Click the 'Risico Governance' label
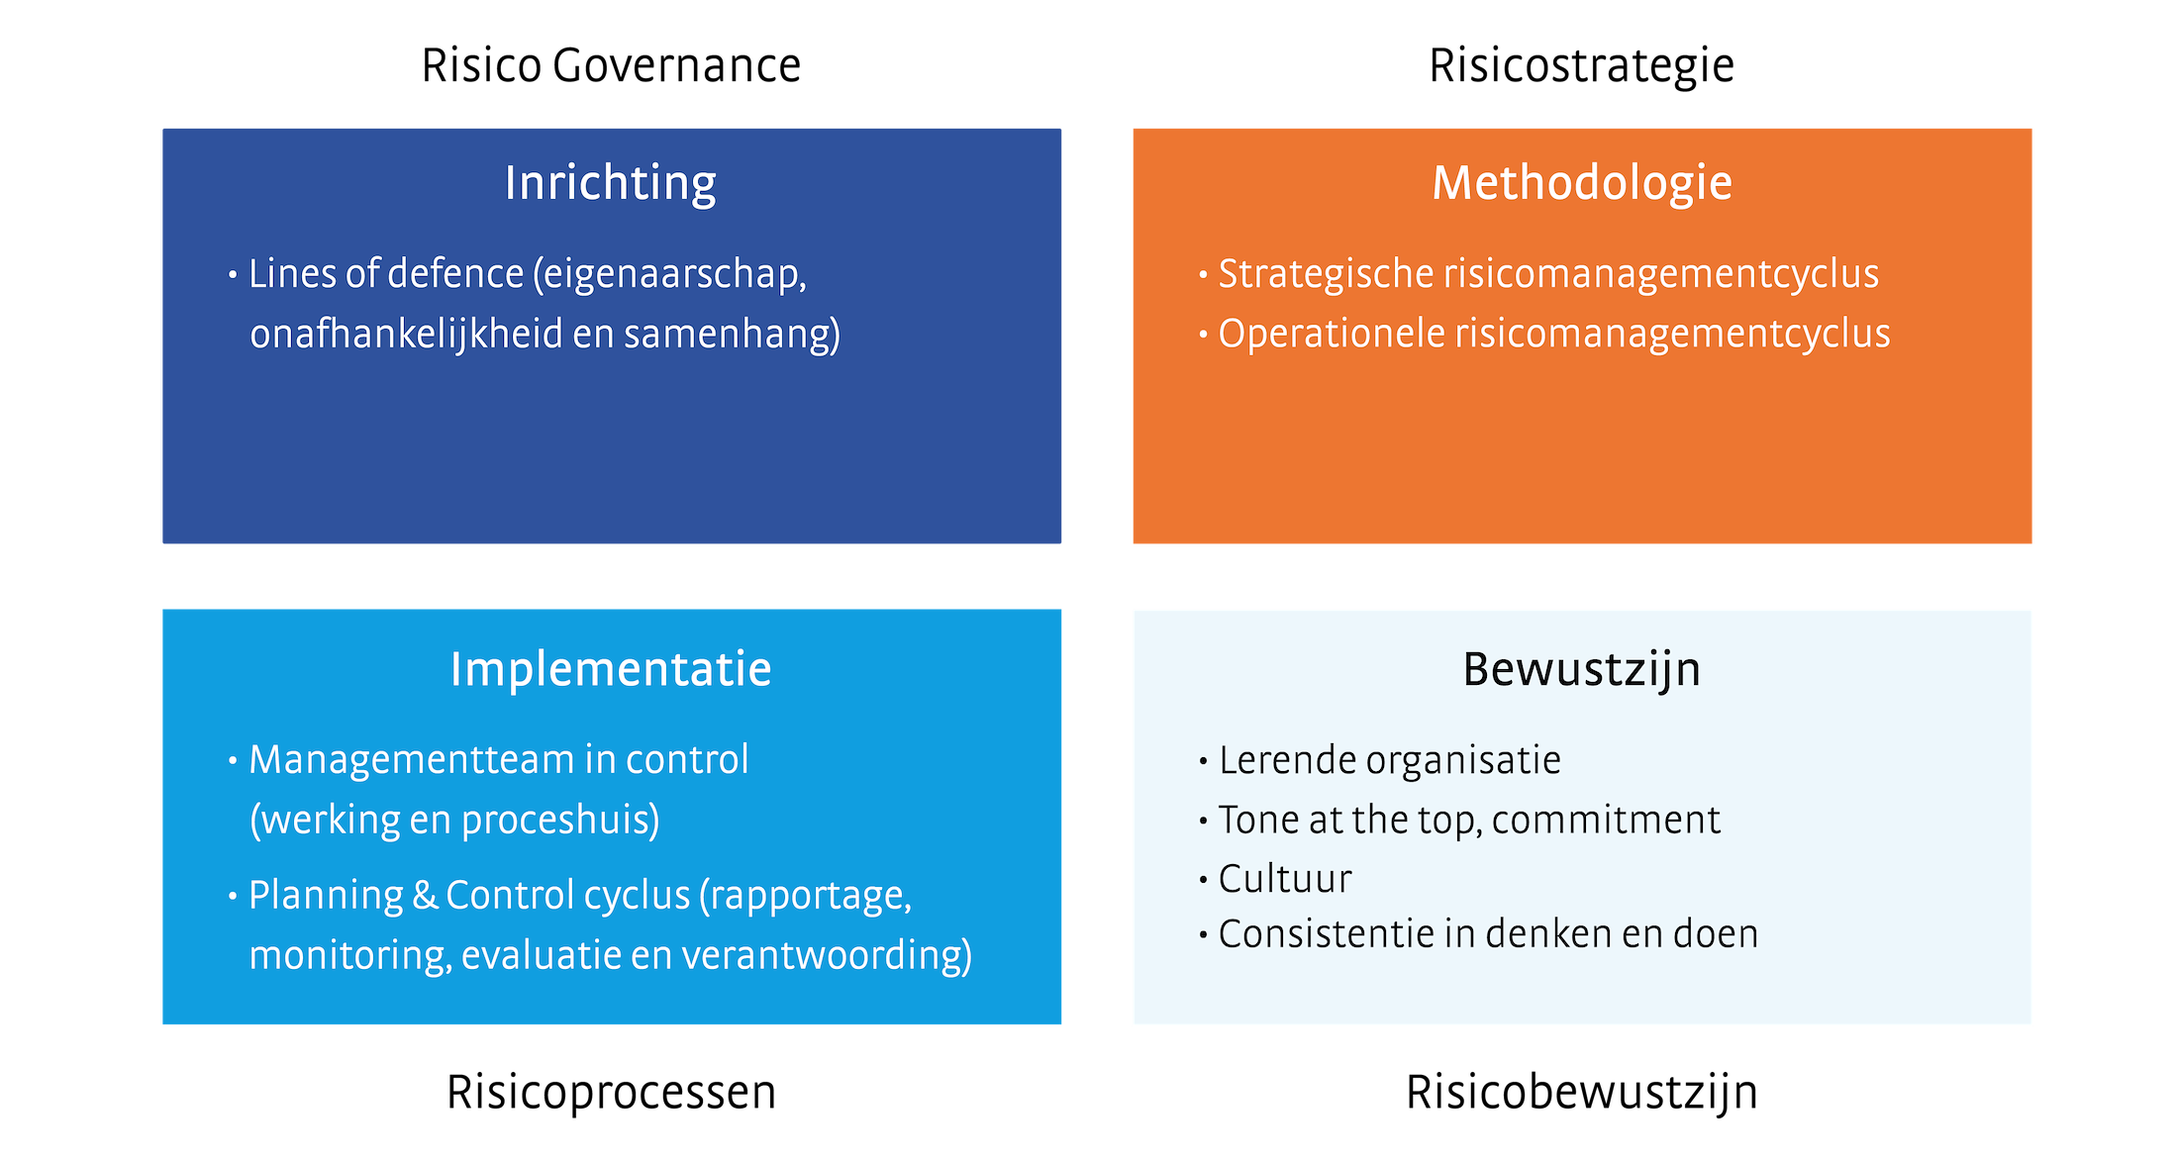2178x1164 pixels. pos(611,66)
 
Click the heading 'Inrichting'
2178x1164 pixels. pos(611,184)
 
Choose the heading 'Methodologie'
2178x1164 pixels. pos(1582,184)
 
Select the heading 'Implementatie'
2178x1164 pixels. pos(611,670)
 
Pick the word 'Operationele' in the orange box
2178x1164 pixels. pos(1332,335)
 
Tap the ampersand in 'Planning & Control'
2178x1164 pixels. pos(425,896)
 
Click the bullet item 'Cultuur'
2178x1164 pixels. pos(1285,879)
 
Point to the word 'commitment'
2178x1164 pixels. pos(1606,821)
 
